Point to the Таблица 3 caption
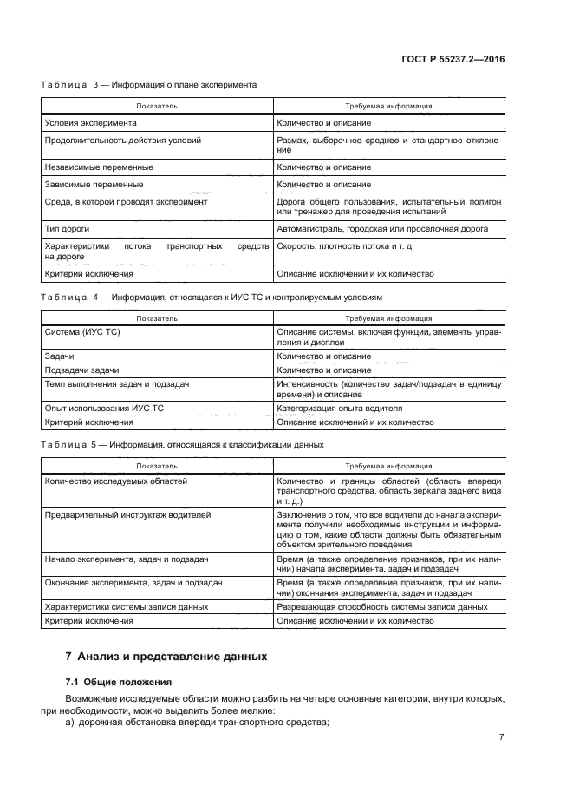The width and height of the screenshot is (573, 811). click(148, 84)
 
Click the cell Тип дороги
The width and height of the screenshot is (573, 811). click(67, 229)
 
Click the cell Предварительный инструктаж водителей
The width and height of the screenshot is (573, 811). click(127, 515)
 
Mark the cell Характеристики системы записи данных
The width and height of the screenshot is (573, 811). click(126, 608)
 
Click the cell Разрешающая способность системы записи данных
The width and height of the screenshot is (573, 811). click(381, 608)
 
